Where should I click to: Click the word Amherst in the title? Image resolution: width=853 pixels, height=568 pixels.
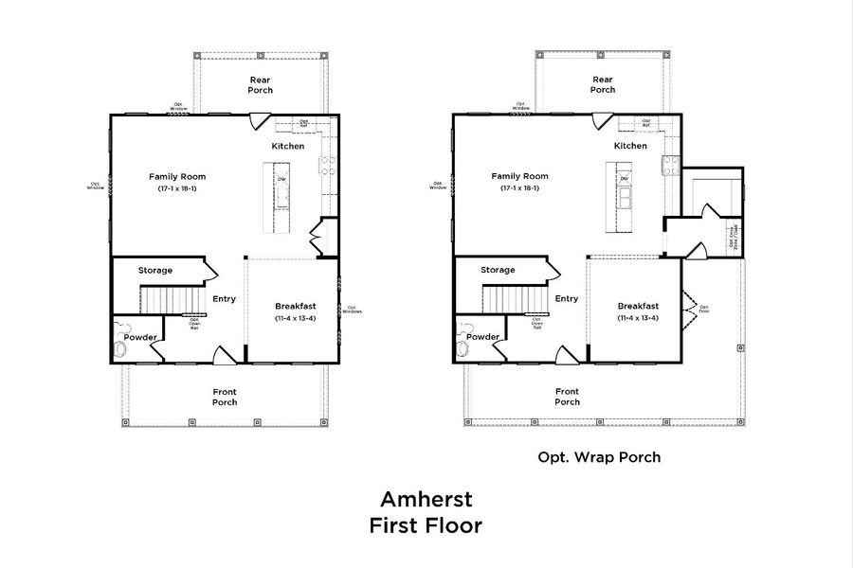(426, 498)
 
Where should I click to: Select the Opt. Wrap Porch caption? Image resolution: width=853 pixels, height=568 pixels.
(599, 457)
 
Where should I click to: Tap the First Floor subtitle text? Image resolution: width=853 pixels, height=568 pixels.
(426, 525)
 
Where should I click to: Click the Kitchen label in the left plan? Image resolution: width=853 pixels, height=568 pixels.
(288, 146)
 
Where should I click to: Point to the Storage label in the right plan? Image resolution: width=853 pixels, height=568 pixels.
(498, 270)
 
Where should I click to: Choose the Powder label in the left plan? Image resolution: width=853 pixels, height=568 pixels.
(140, 337)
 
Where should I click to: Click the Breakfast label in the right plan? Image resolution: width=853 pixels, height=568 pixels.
(638, 306)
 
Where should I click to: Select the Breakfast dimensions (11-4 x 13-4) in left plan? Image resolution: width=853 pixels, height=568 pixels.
(295, 318)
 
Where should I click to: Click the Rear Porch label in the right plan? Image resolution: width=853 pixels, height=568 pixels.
(603, 84)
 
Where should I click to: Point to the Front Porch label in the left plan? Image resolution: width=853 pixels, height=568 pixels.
(225, 397)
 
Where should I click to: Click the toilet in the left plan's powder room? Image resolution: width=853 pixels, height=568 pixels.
(120, 349)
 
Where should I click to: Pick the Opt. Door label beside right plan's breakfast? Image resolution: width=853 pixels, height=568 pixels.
(704, 308)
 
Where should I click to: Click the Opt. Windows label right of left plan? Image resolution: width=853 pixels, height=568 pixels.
(352, 309)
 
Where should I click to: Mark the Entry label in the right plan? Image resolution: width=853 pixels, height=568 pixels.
(566, 298)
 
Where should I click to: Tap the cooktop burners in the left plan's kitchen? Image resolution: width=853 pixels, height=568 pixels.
(327, 166)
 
